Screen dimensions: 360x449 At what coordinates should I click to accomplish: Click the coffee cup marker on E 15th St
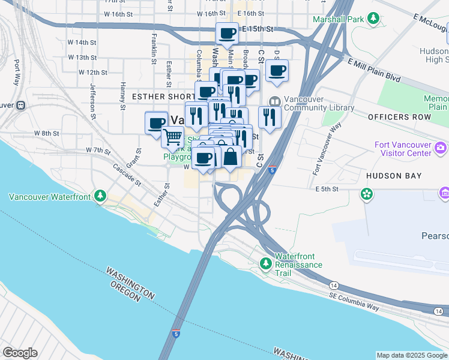point(227,34)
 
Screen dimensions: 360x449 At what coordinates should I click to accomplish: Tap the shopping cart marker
point(172,137)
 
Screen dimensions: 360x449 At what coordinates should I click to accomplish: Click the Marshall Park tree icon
point(374,19)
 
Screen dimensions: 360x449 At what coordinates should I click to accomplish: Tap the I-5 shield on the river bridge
point(175,332)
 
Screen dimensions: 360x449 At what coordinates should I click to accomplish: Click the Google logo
point(20,353)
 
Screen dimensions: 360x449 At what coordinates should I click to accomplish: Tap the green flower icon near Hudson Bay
point(366,194)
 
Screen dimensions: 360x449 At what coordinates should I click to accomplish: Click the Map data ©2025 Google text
point(412,355)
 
